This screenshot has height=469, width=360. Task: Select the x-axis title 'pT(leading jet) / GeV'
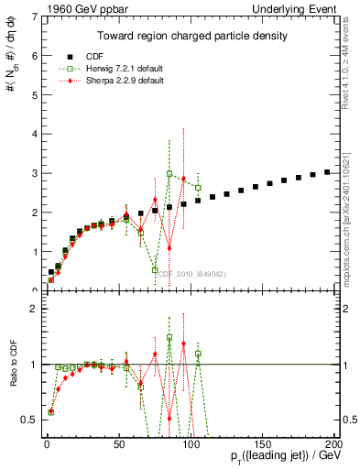pyautogui.click(x=286, y=455)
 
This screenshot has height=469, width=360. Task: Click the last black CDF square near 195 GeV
pyautogui.click(x=327, y=171)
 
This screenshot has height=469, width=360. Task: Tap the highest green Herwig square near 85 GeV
pyautogui.click(x=169, y=173)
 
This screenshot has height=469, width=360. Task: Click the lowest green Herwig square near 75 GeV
pyautogui.click(x=155, y=269)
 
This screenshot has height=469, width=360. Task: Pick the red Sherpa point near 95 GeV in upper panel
pyautogui.click(x=183, y=178)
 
